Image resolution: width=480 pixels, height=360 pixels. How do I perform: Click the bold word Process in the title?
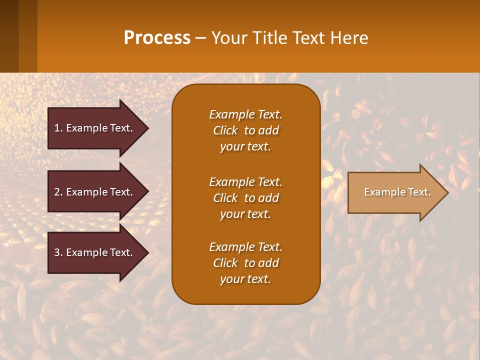pos(157,38)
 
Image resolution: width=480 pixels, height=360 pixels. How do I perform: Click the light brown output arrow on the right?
pos(395,192)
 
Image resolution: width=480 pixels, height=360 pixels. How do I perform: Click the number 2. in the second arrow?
pos(58,192)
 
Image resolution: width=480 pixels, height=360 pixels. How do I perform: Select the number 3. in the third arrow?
pos(58,252)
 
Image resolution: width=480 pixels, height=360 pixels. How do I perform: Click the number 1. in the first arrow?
pos(58,128)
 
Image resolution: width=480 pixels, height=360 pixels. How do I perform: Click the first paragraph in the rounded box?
pos(245,130)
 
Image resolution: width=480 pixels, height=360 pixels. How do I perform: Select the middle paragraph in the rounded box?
pos(245,198)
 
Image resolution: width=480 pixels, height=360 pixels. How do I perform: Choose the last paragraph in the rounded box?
pos(245,263)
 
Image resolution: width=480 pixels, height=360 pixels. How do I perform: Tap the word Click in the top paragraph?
pos(225,130)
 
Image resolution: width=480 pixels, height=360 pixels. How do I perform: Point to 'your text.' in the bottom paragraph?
pos(245,279)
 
